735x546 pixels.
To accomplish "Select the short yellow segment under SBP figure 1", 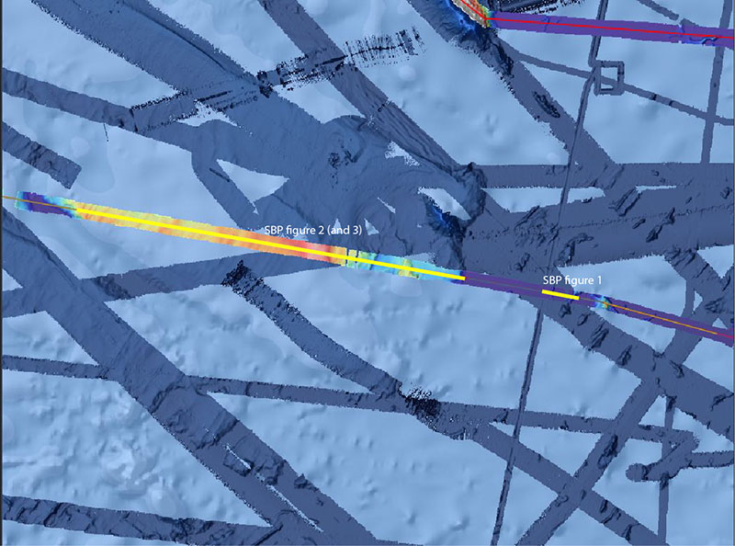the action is pyautogui.click(x=560, y=294).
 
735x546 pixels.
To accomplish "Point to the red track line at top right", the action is pyautogui.click(x=625, y=29).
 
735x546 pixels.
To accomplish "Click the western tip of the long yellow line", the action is pyautogui.click(x=77, y=210).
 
